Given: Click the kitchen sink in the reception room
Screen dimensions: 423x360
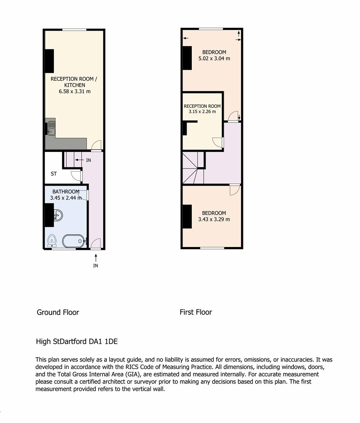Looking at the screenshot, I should (x=51, y=128).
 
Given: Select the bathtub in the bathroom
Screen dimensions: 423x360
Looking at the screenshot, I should (x=74, y=241).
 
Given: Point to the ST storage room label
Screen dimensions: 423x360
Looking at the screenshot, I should (x=54, y=174).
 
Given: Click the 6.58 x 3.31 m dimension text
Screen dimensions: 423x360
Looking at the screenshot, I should (x=74, y=91).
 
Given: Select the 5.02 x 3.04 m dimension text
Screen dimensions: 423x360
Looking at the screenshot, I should (x=214, y=58).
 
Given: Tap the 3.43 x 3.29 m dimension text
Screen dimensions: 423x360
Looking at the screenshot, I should (x=214, y=219).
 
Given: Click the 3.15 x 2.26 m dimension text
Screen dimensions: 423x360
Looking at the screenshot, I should (x=202, y=112).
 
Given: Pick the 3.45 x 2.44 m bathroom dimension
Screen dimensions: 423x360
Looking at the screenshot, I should (x=66, y=198).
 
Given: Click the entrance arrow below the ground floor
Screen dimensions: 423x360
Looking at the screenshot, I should (x=95, y=257).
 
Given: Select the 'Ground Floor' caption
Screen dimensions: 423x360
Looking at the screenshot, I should (x=58, y=312).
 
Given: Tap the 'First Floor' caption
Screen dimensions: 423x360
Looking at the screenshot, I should (x=196, y=312).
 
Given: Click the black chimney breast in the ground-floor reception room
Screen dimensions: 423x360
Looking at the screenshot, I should (x=49, y=61).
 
